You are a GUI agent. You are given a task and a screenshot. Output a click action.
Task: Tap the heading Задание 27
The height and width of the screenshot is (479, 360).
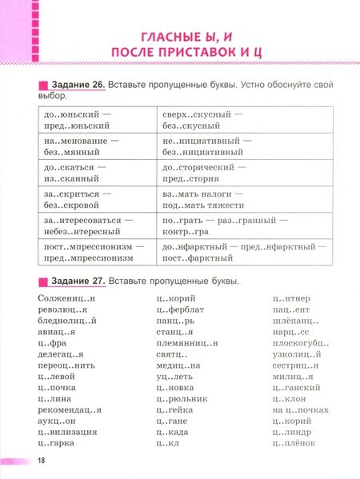click(x=76, y=281)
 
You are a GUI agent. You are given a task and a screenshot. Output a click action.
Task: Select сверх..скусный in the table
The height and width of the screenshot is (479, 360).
click(x=195, y=115)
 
